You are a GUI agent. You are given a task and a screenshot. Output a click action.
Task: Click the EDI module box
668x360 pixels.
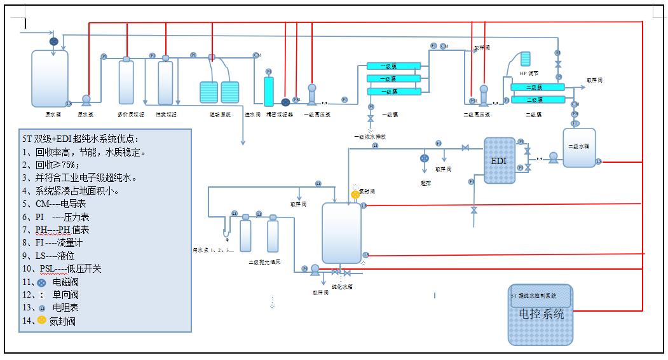pyautogui.click(x=500, y=161)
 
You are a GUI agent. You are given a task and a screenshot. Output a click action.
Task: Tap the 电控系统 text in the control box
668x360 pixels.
pyautogui.click(x=542, y=314)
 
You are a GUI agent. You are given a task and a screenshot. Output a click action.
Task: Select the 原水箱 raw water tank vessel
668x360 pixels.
pyautogui.click(x=50, y=79)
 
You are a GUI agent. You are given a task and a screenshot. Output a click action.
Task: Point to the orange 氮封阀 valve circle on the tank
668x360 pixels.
pyautogui.click(x=355, y=194)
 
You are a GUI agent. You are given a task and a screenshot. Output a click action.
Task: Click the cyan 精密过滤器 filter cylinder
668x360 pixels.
pyautogui.click(x=268, y=92)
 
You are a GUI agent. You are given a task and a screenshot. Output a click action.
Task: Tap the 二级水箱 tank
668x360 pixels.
pyautogui.click(x=579, y=148)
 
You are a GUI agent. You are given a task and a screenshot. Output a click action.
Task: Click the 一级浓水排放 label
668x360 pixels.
pyautogui.click(x=370, y=136)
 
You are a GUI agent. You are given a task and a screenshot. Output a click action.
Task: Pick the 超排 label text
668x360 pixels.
pyautogui.click(x=425, y=182)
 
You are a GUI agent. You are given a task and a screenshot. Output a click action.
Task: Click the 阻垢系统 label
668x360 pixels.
pyautogui.click(x=220, y=114)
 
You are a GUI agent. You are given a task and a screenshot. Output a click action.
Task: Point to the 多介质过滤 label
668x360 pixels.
pyautogui.click(x=131, y=114)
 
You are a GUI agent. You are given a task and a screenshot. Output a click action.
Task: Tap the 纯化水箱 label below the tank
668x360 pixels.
pyautogui.click(x=342, y=286)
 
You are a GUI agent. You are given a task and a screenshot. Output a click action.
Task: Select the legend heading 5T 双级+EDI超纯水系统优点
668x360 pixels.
pyautogui.click(x=80, y=139)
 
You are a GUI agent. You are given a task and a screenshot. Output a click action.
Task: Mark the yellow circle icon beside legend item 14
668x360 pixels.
pyautogui.click(x=41, y=320)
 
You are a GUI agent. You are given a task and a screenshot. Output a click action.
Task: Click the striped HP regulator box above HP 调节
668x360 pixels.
pyautogui.click(x=525, y=59)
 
